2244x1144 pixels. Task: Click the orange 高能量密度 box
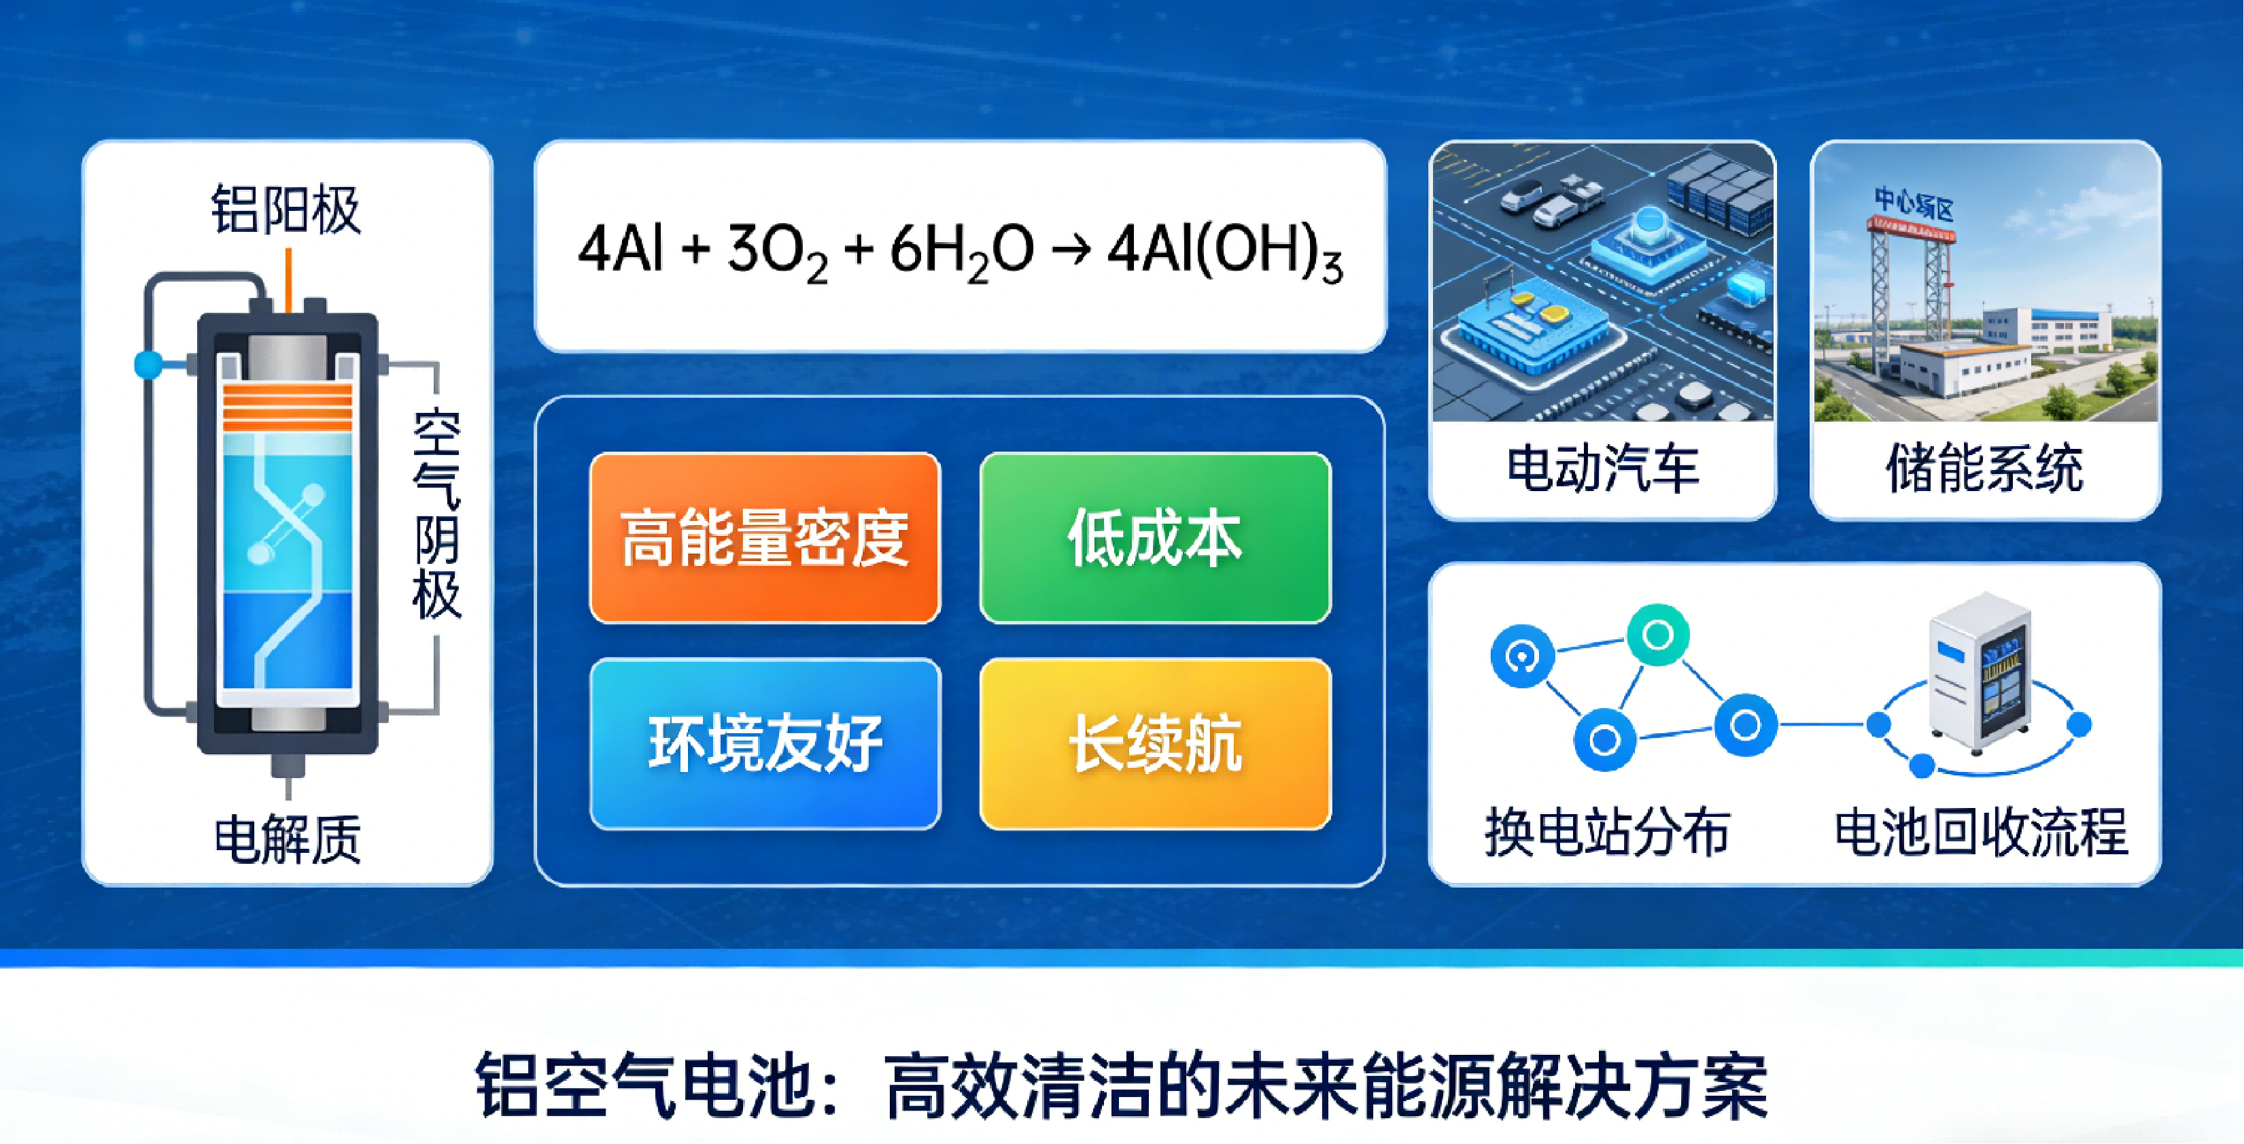(765, 537)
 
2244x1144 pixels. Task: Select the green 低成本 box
(1155, 537)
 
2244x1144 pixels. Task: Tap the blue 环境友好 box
(765, 743)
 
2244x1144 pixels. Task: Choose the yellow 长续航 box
(1155, 743)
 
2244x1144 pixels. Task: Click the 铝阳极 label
(286, 209)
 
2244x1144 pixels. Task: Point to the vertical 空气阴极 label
(436, 515)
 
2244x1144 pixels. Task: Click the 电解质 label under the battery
(288, 839)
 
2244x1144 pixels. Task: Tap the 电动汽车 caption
(1603, 469)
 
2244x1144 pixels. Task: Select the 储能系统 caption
(1984, 469)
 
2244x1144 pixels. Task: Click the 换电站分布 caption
(1607, 832)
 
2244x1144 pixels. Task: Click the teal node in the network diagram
(1658, 635)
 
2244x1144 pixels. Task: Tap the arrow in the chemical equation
(1071, 250)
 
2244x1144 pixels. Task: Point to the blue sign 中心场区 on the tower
(1914, 204)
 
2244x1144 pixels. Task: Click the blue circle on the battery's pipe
(148, 364)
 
